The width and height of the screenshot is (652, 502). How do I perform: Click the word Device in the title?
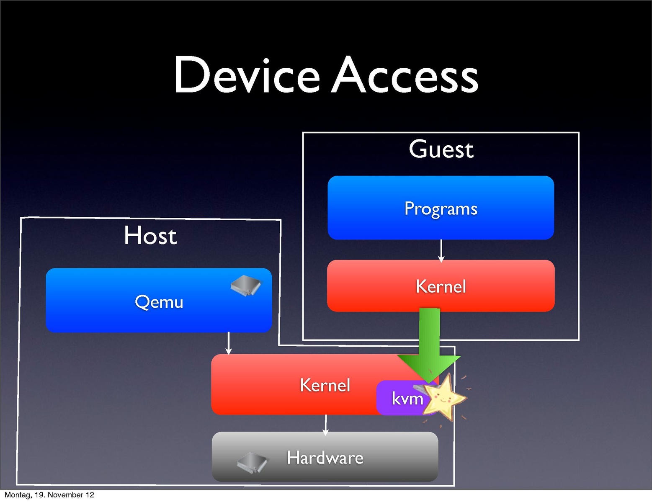tap(247, 75)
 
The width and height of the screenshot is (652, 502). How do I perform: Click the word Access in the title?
tap(405, 75)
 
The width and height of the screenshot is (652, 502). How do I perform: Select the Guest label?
tap(441, 149)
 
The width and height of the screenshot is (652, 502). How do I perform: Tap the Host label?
tap(150, 235)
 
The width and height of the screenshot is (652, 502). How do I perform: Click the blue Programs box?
tap(441, 226)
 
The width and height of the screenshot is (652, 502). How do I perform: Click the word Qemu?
tap(159, 302)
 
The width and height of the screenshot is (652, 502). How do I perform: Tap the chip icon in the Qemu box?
tap(246, 286)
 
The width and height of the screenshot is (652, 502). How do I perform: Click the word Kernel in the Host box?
tap(325, 385)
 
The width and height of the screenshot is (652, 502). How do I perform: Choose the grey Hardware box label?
tap(325, 458)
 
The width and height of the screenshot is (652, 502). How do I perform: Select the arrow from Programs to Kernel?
tap(441, 250)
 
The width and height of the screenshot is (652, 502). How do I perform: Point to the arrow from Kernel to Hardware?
tap(326, 424)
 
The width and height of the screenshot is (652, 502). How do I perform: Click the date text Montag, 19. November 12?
tap(49, 495)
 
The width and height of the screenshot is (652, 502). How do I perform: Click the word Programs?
tap(441, 209)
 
